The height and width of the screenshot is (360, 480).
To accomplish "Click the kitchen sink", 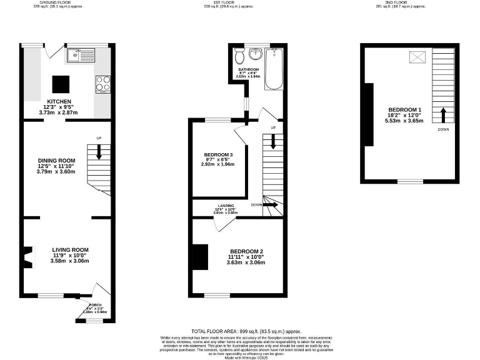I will coord(79,56).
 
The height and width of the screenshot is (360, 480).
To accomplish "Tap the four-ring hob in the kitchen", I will coord(103,84).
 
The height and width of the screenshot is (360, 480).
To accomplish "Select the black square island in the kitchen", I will coord(61,83).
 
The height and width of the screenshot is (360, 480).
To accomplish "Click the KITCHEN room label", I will coord(59,101).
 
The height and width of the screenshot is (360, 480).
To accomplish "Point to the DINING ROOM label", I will coord(57,160).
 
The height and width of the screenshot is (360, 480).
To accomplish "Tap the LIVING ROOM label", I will coord(70,249).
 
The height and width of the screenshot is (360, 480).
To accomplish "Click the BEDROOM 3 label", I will coord(219,155).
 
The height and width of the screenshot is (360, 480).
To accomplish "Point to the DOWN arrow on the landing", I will coord(271,204).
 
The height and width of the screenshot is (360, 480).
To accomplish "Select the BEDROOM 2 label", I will coord(246,251).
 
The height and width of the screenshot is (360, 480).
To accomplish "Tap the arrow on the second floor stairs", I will coord(443,115).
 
